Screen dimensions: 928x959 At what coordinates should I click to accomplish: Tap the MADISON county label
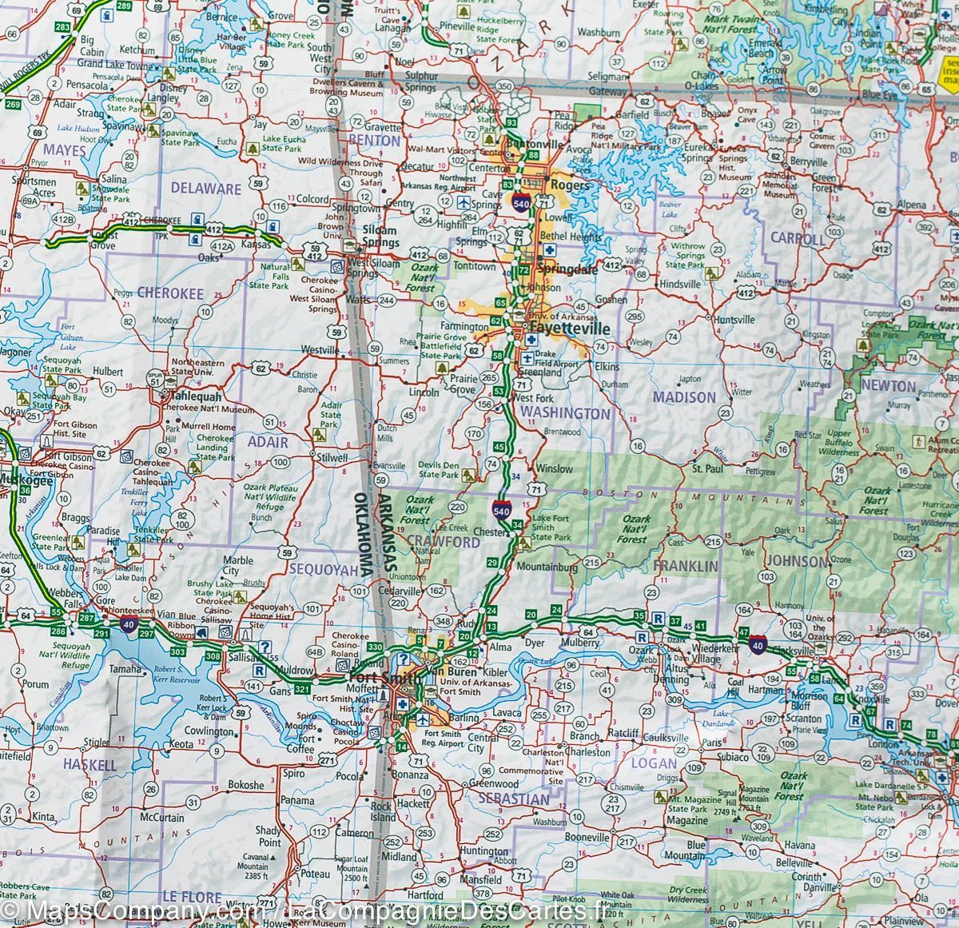coord(683,397)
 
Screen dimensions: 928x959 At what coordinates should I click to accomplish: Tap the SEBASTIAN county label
coord(513,799)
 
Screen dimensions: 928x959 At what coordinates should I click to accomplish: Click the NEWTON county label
coord(888,386)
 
